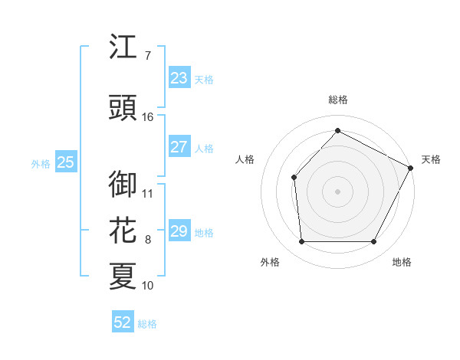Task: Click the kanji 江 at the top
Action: [x=123, y=48]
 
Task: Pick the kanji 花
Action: [x=123, y=230]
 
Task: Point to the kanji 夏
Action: [x=123, y=275]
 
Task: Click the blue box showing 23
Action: [x=179, y=78]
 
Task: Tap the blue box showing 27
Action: [x=179, y=147]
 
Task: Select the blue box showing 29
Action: [x=179, y=231]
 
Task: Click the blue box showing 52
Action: [x=123, y=322]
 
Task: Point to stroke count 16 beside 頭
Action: [x=148, y=117]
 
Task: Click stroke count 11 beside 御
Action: [x=148, y=193]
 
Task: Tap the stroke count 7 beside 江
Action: [x=147, y=56]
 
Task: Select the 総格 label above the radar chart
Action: [x=337, y=100]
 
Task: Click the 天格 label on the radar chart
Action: [x=431, y=159]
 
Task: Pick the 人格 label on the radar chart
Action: [x=245, y=159]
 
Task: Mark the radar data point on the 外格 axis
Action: [x=301, y=242]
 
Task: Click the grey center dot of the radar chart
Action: [x=337, y=191]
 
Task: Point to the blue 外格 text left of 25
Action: [x=41, y=163]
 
